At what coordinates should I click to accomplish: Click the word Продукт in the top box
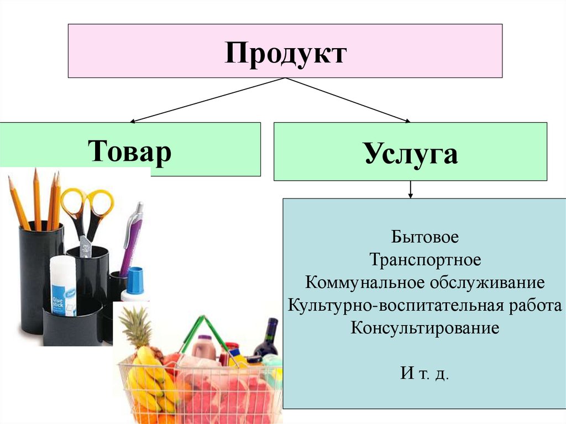(285, 55)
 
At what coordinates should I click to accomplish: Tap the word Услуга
(411, 153)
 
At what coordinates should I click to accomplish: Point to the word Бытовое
(425, 238)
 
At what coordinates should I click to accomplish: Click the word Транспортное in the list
(425, 260)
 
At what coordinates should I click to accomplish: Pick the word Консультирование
(424, 327)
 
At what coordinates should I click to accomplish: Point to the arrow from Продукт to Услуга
(348, 100)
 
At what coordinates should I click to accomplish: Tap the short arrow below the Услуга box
(410, 190)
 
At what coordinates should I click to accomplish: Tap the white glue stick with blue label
(62, 285)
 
